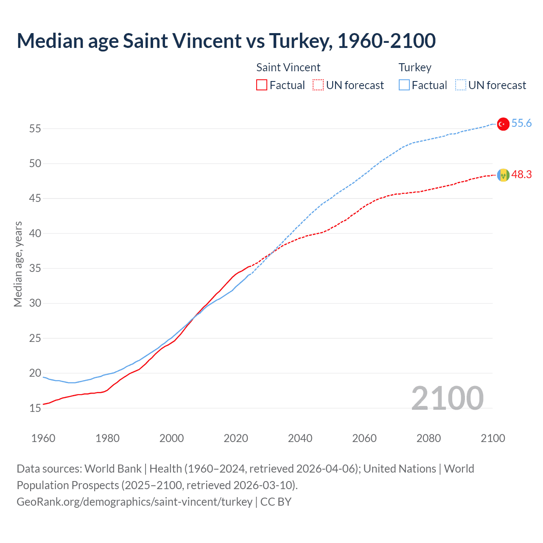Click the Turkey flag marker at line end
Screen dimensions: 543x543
tap(503, 124)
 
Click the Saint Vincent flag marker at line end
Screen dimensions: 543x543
tap(503, 175)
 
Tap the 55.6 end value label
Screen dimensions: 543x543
tap(521, 123)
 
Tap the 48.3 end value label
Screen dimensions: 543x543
tap(521, 175)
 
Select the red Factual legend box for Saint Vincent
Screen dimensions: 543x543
tap(262, 85)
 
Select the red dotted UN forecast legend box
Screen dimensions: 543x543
tap(318, 85)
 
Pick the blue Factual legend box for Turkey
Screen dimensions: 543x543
tap(404, 85)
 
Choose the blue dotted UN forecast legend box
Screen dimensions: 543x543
tap(460, 85)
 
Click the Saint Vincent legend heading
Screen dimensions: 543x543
tap(288, 68)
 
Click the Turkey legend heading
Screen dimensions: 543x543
tap(415, 68)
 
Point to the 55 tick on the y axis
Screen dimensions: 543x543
tap(35, 129)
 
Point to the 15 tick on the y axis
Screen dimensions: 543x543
tap(35, 409)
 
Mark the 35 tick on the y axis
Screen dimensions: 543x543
tap(35, 269)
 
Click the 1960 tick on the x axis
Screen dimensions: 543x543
tap(43, 438)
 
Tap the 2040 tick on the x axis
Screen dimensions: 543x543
tap(300, 438)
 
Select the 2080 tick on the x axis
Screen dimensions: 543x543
tap(428, 438)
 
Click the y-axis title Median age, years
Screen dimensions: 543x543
tap(18, 264)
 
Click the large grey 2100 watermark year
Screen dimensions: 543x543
tap(447, 398)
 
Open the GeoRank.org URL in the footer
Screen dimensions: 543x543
tap(134, 502)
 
